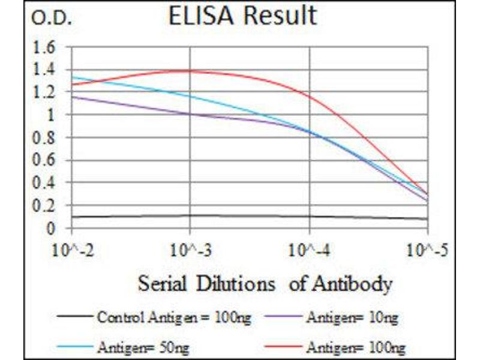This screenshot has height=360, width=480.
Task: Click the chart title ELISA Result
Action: tap(242, 16)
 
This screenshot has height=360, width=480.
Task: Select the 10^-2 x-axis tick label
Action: tap(72, 248)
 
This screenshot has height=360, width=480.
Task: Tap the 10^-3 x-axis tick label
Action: tap(190, 248)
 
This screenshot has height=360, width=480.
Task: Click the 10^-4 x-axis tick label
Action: tap(309, 248)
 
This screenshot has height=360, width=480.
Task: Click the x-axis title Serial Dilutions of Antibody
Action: tap(265, 283)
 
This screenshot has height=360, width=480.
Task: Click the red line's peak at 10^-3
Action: tap(190, 71)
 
